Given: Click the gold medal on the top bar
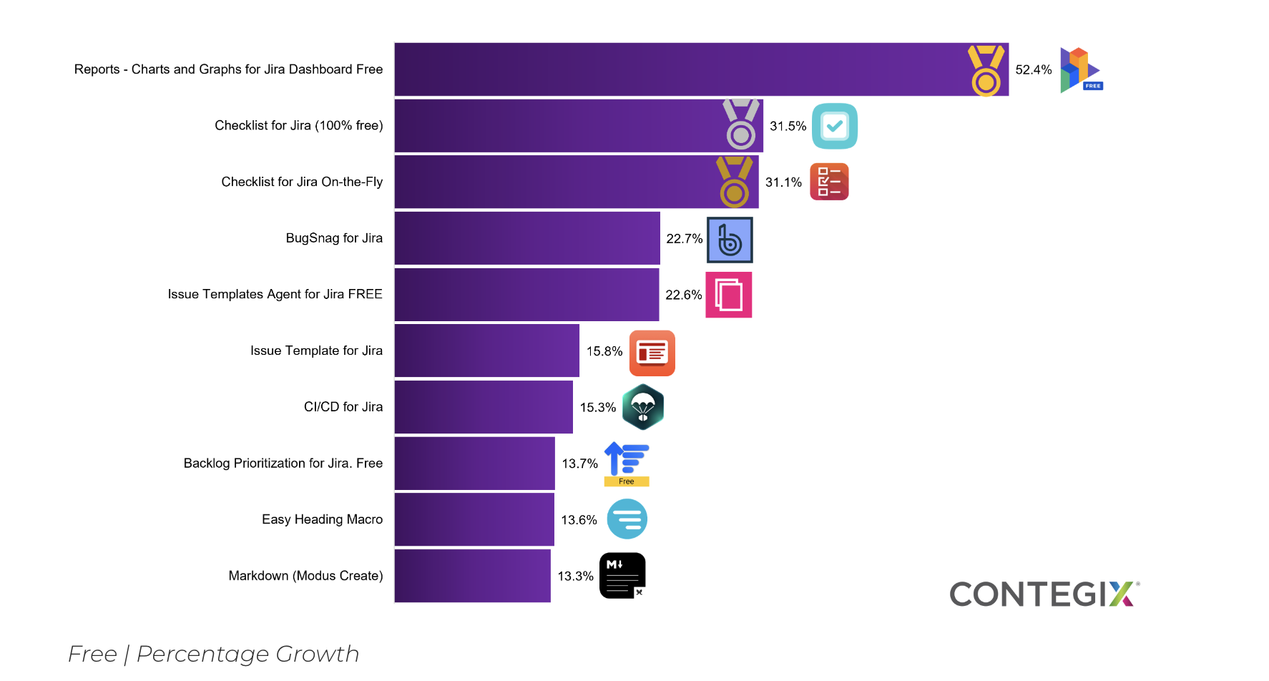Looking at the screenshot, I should point(986,71).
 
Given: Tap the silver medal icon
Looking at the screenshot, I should point(741,124).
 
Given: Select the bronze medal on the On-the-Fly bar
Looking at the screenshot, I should point(735,182).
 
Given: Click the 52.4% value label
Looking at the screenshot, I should point(1033,70).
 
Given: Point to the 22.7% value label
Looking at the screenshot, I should point(684,239).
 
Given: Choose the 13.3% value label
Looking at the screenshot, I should point(575,577).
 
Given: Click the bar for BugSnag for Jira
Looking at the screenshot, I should point(527,238).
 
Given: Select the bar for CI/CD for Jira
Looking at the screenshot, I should point(484,407).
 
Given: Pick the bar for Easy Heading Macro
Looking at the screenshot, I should point(474,519).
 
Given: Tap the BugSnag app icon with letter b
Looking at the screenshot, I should point(730,240).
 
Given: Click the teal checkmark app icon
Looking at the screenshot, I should point(835,127).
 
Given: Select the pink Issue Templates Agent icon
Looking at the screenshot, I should point(728,295).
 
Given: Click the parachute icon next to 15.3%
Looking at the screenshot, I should point(643,407).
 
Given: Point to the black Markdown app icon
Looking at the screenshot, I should point(622,576).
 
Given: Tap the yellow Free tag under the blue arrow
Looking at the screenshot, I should point(627,481).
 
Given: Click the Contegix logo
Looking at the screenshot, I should point(1043,594).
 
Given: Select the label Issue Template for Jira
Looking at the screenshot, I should point(316,351).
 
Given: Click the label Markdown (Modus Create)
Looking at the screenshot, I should point(305,576).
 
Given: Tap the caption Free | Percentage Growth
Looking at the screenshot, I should point(213,654).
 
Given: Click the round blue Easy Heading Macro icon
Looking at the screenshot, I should point(627,519).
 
